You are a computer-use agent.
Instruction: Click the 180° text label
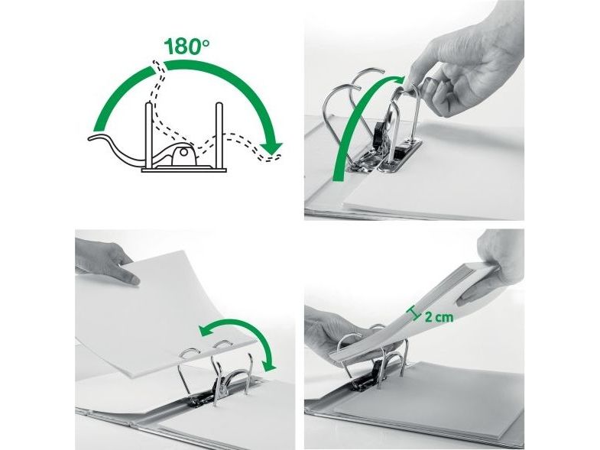tap(186, 47)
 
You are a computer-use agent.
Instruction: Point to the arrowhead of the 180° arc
tap(271, 147)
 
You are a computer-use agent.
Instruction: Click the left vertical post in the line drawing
tap(149, 136)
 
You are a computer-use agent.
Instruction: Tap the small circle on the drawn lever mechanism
tap(183, 153)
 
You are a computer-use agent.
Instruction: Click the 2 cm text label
tap(439, 317)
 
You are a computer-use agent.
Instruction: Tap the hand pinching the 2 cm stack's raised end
tap(493, 268)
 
